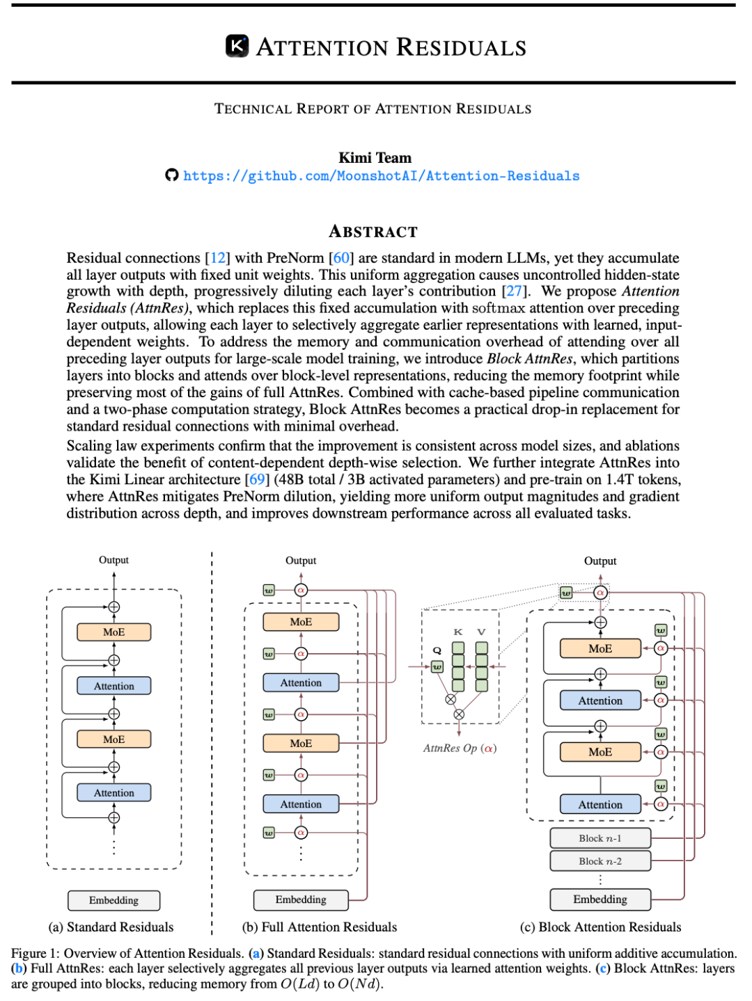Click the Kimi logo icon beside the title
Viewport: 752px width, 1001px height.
click(x=237, y=46)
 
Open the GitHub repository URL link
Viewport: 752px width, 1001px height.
click(x=381, y=176)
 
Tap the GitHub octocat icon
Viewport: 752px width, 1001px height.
click(x=171, y=175)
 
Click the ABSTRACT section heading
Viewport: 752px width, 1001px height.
click(x=373, y=232)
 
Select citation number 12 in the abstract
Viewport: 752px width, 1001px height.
click(x=217, y=258)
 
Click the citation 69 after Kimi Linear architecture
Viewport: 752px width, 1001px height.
click(x=257, y=479)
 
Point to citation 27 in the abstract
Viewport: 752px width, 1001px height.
click(x=514, y=291)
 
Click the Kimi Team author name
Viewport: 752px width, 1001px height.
click(x=375, y=158)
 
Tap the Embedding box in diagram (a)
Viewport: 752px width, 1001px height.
click(x=113, y=899)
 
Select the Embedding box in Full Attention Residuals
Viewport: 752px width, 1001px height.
click(x=301, y=899)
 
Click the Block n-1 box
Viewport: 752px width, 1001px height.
click(x=600, y=838)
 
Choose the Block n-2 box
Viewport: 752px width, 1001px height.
click(x=600, y=861)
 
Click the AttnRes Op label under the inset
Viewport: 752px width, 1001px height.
click(x=460, y=748)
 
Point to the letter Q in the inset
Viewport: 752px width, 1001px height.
click(x=437, y=651)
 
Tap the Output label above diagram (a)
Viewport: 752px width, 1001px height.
click(x=113, y=559)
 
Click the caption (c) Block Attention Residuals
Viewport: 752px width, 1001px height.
click(x=600, y=927)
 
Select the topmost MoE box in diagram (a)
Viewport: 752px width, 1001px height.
click(x=113, y=632)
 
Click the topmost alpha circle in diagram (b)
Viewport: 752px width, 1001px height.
click(x=301, y=590)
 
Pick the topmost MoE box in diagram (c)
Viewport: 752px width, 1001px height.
click(x=600, y=648)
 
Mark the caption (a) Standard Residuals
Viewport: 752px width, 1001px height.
click(x=111, y=927)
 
